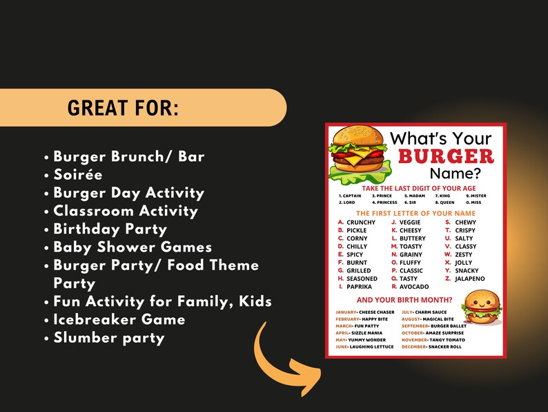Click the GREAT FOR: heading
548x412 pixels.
pyautogui.click(x=122, y=108)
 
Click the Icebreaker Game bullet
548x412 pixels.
pyautogui.click(x=119, y=319)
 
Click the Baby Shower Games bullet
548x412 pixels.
pyautogui.click(x=132, y=247)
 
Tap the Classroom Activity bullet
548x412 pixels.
pyautogui.click(x=125, y=211)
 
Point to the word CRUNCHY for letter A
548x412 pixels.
pyautogui.click(x=361, y=223)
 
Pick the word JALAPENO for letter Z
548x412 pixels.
pyautogui.click(x=469, y=279)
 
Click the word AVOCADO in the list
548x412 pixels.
pyautogui.click(x=414, y=287)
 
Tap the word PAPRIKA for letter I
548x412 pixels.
pyautogui.click(x=359, y=287)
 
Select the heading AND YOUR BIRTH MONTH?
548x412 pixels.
pyautogui.click(x=404, y=300)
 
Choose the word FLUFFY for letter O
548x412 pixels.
pyautogui.click(x=411, y=263)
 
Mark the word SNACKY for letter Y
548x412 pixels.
pyautogui.click(x=467, y=271)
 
